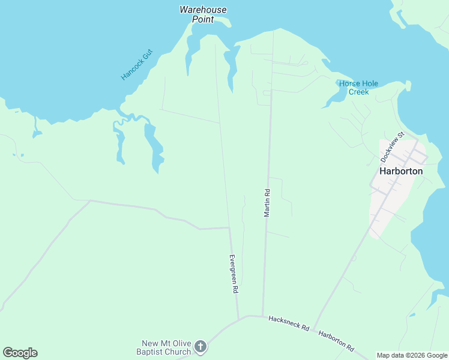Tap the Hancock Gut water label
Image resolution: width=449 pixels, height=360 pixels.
[137, 65]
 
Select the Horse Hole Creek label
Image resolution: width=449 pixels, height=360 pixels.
[358, 88]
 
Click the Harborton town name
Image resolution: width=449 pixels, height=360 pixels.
[401, 171]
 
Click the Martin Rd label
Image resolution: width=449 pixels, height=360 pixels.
[267, 203]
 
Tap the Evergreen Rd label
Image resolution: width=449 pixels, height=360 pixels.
[234, 273]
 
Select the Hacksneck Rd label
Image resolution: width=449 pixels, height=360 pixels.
[289, 323]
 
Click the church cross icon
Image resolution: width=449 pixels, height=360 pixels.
[200, 346]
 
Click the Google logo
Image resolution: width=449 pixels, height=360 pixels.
[20, 353]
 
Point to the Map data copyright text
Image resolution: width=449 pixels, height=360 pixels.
[411, 355]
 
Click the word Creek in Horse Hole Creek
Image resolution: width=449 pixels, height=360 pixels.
[358, 92]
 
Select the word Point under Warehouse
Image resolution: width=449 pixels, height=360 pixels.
[203, 19]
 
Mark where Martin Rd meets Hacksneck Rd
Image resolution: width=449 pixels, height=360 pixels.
[262, 316]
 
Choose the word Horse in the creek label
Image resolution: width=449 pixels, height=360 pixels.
[349, 83]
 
